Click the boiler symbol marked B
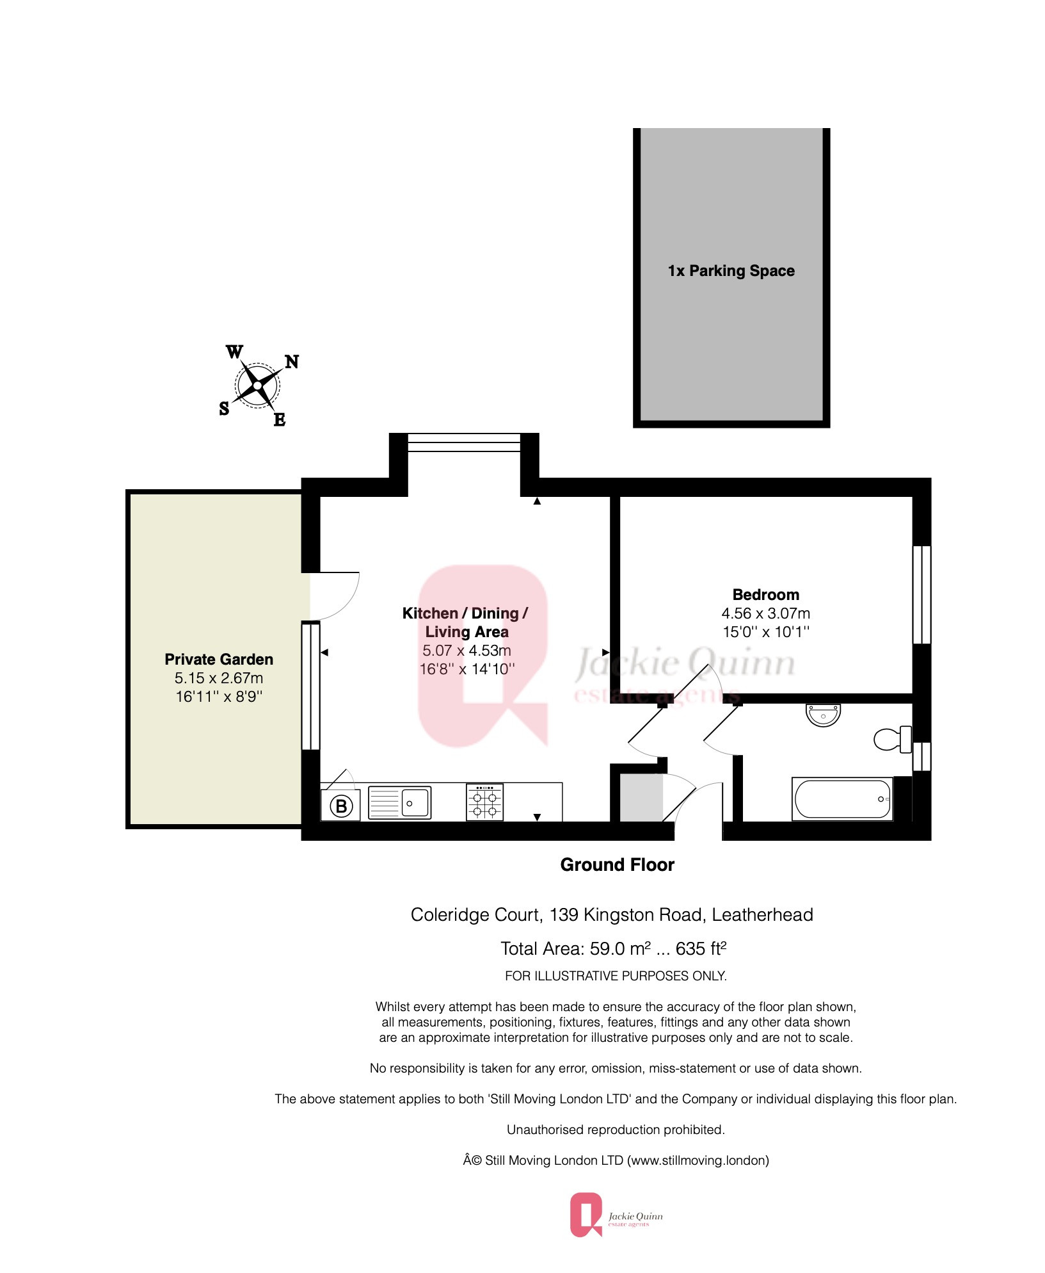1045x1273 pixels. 341,806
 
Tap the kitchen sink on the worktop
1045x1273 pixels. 400,802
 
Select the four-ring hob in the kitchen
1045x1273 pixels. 484,802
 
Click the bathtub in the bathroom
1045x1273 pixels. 842,799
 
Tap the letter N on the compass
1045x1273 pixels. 292,362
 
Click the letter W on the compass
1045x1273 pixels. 234,352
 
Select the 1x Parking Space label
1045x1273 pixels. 731,271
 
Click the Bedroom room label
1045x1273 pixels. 765,595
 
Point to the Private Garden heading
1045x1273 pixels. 219,660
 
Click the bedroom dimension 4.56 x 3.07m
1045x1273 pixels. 765,613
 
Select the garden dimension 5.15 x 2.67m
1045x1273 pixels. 219,678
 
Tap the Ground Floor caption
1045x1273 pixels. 617,865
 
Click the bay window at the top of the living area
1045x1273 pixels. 464,442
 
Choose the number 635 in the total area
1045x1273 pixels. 690,949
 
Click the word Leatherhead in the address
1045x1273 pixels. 762,915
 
